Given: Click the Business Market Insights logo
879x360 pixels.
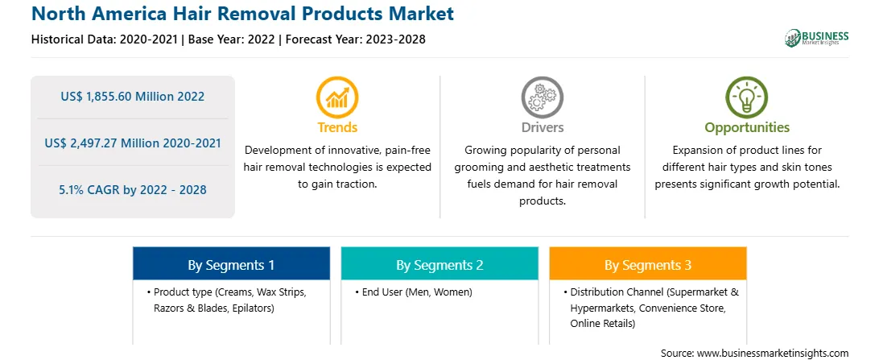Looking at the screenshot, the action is click(816, 38).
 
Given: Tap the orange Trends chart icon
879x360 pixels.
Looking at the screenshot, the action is click(337, 97).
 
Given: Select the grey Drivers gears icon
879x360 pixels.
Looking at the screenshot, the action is click(542, 97).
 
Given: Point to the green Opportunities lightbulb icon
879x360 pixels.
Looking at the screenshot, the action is click(747, 97).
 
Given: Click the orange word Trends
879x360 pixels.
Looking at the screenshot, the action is click(337, 127).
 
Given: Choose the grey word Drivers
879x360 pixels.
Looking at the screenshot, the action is click(542, 127).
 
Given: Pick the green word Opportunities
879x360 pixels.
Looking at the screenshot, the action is click(747, 128).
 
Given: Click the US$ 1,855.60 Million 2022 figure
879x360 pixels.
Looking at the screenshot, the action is click(132, 97).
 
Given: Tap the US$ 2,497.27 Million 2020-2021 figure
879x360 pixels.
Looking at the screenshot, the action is click(132, 143).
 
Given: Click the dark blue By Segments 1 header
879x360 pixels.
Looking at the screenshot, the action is click(231, 263).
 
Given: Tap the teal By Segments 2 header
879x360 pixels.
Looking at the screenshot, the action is click(439, 263).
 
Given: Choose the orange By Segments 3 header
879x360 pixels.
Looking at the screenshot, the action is click(648, 263).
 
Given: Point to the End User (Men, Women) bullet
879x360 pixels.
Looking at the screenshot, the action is click(414, 292).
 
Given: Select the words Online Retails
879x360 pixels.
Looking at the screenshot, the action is click(603, 324).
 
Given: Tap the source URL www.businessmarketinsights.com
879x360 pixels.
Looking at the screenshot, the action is click(772, 353).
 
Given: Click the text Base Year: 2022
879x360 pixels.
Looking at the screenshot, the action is click(231, 39).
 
